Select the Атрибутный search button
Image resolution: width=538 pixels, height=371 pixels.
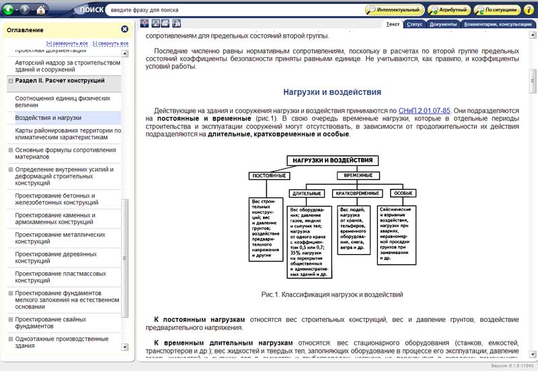tap(449, 10)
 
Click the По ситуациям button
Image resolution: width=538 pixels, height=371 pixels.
tap(497, 10)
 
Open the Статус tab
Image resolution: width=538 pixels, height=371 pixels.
tap(415, 24)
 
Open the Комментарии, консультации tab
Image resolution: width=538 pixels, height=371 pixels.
tap(498, 24)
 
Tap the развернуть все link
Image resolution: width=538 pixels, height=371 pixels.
tap(67, 44)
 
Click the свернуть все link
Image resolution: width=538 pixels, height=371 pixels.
tap(110, 44)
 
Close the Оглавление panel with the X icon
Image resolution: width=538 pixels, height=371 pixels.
tap(124, 30)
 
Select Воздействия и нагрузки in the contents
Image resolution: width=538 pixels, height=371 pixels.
tap(48, 118)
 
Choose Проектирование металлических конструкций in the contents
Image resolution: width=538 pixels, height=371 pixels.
tap(60, 238)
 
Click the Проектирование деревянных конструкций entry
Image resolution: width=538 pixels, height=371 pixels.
tap(56, 257)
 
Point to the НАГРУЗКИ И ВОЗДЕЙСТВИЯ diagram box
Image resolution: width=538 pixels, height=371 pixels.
tap(333, 161)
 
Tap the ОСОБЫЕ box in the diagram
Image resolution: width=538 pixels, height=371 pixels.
tap(403, 193)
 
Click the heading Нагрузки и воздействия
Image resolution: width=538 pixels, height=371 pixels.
tap(332, 92)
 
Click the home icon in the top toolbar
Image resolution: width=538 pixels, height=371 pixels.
tap(41, 10)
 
